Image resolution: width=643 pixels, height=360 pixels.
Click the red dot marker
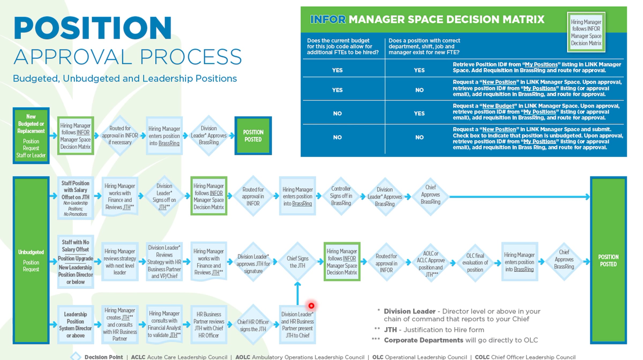click(x=311, y=306)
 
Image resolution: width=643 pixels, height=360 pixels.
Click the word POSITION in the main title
click(x=92, y=28)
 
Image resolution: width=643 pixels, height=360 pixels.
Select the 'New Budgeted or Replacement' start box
click(x=31, y=136)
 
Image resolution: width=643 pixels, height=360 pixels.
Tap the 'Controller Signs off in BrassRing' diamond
click(x=341, y=196)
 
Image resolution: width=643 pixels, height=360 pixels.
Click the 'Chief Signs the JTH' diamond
click(x=297, y=262)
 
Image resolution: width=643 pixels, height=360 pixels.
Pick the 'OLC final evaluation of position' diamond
click(x=475, y=263)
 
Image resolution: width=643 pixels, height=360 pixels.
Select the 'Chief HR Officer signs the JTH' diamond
click(x=253, y=325)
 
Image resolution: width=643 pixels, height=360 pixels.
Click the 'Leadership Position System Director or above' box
click(x=76, y=325)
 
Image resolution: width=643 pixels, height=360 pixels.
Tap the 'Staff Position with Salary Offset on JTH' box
click(x=76, y=198)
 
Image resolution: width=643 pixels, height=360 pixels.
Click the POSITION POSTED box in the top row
click(x=253, y=136)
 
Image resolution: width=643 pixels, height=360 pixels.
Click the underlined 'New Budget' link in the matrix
click(x=498, y=106)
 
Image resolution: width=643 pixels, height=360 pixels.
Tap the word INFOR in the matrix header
click(x=328, y=20)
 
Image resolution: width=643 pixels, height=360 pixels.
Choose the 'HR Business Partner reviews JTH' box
click(x=209, y=325)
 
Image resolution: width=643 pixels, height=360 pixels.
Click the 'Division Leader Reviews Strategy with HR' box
click(x=164, y=262)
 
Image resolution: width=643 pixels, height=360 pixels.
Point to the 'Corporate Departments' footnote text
click(x=423, y=340)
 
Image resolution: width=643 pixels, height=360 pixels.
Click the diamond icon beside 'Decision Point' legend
click(x=76, y=356)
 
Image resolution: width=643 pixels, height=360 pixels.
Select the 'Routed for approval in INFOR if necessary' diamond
click(x=120, y=136)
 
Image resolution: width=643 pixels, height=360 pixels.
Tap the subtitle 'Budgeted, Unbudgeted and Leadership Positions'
click(x=125, y=79)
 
